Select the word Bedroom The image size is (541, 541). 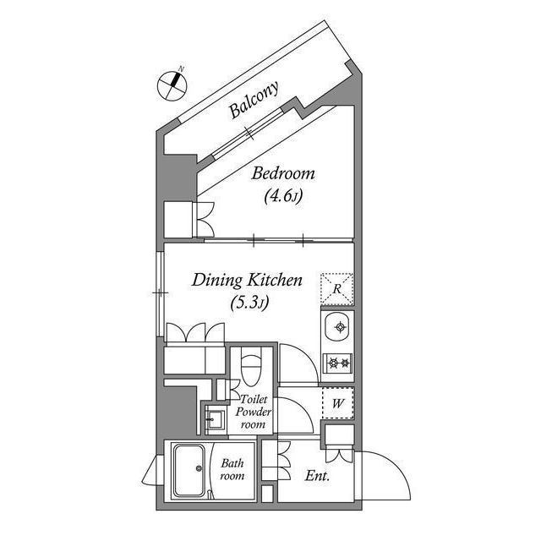tap(283, 174)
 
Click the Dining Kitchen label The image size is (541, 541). tap(246, 280)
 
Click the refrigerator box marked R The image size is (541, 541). tap(337, 287)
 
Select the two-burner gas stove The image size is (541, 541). tap(337, 363)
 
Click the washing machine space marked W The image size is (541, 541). tap(337, 403)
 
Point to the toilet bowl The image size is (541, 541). tap(252, 368)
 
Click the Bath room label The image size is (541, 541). tap(232, 469)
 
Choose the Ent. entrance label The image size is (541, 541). tap(317, 476)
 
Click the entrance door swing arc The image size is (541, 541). tap(385, 473)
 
